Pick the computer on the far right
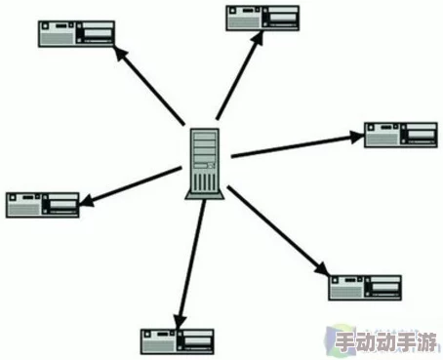click(x=400, y=136)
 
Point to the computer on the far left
click(x=42, y=203)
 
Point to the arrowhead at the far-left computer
click(x=86, y=201)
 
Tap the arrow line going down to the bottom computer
click(x=188, y=259)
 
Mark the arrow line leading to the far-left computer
click(x=132, y=185)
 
